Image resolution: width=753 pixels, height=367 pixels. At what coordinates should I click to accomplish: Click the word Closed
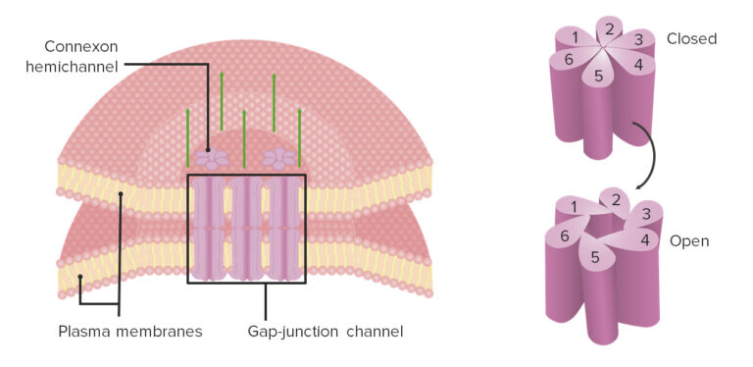point(691,39)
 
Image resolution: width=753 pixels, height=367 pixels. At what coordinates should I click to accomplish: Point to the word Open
point(689,240)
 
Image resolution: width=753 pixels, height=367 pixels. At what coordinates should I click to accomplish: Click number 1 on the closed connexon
point(574,37)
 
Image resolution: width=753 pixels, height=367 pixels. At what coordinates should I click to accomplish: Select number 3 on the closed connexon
point(637,40)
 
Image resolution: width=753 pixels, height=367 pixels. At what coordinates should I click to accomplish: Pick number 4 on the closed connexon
point(637,65)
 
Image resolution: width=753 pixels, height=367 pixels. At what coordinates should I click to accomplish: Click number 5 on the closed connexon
point(599,76)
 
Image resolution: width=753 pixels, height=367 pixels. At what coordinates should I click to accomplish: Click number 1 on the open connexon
point(571,206)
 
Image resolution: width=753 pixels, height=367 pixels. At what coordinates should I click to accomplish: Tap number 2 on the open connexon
point(615,200)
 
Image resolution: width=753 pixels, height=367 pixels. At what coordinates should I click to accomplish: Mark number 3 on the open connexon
point(645,214)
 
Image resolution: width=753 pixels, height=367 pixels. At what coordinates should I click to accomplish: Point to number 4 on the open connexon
point(644,238)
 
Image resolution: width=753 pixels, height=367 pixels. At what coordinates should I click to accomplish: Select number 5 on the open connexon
point(595,257)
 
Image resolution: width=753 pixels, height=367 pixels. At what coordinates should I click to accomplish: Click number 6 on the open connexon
point(565,236)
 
